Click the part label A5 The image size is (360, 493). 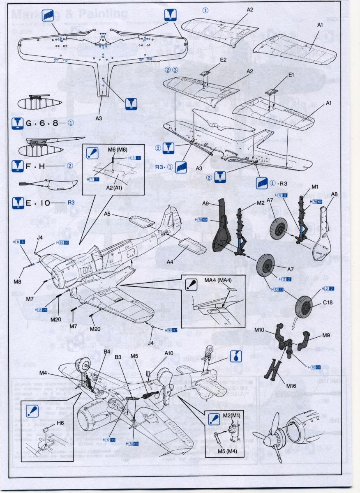(x=108, y=214)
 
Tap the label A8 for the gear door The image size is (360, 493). (x=334, y=194)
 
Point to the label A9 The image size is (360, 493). (x=206, y=203)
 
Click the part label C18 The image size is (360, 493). (x=328, y=302)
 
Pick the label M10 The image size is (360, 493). (x=260, y=330)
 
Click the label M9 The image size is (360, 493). (x=326, y=335)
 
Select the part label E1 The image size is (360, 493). (x=291, y=75)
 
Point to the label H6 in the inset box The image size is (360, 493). (x=60, y=423)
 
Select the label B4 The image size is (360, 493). (x=107, y=351)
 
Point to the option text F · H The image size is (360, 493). (x=35, y=166)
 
